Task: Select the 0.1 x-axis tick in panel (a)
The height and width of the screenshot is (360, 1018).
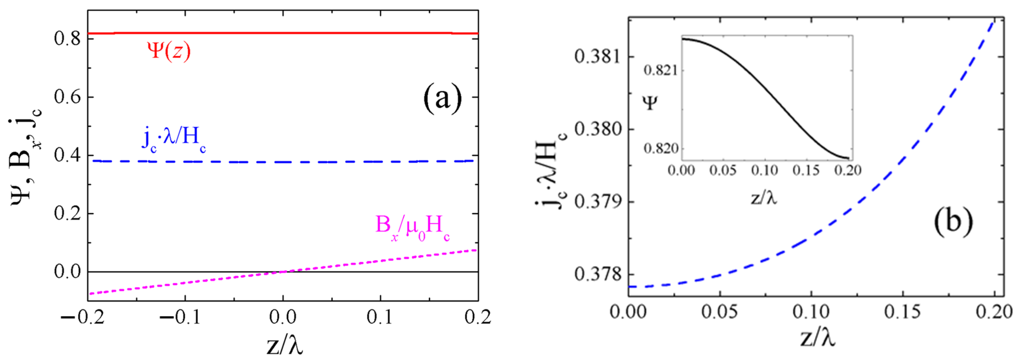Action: tap(380, 317)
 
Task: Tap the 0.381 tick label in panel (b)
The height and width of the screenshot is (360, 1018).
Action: tap(597, 57)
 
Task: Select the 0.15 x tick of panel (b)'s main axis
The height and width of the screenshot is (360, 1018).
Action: tap(902, 312)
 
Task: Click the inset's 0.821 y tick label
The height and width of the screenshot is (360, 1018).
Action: tap(660, 70)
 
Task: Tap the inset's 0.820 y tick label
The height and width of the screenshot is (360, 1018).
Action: tap(660, 149)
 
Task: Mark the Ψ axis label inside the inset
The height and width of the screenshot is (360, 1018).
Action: tap(650, 103)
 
